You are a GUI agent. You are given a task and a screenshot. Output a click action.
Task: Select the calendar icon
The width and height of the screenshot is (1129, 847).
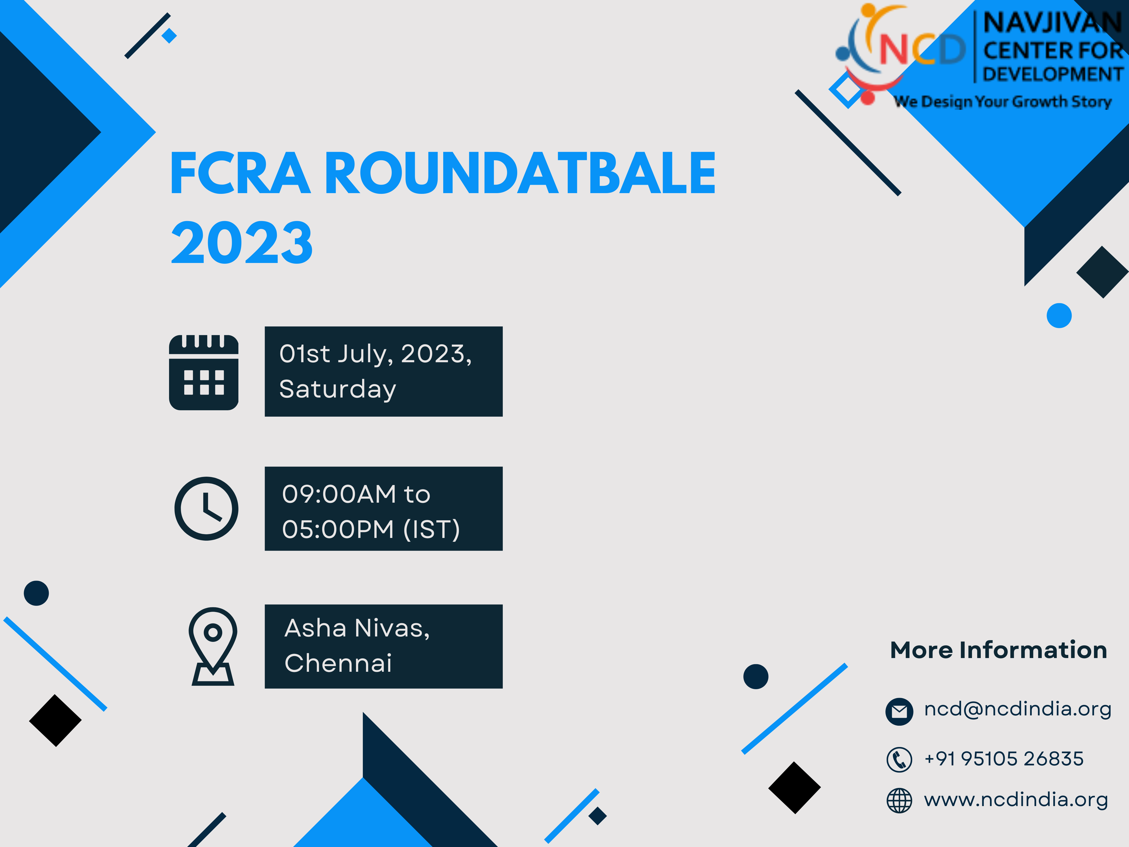coord(204,372)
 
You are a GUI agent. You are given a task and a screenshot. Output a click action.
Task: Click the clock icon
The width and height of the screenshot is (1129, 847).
coord(206,509)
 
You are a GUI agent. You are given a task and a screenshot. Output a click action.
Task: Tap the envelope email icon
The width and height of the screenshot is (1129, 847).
coord(899,711)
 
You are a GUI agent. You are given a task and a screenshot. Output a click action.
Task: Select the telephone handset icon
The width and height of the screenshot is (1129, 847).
coord(899,759)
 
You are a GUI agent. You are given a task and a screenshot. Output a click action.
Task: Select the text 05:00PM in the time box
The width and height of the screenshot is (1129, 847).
coord(338,529)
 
